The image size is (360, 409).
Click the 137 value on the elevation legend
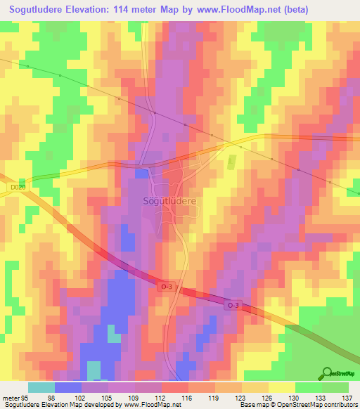(x=347, y=397)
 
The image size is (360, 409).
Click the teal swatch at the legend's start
(x=41, y=387)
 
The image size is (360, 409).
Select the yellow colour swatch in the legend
(x=281, y=387)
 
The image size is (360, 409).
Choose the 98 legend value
(x=51, y=397)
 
